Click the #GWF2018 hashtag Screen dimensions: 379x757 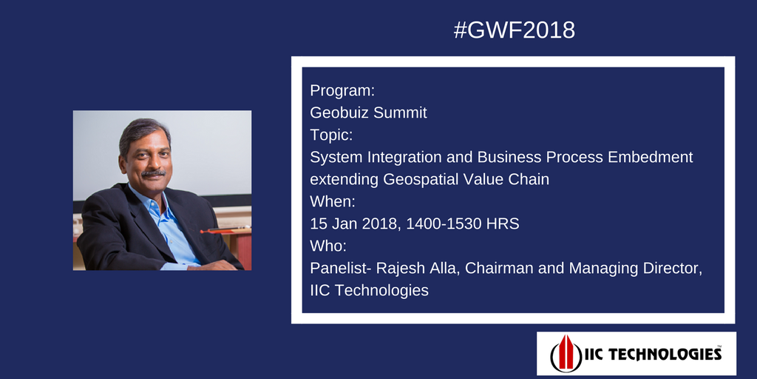tap(515, 30)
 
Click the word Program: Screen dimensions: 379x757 tap(342, 91)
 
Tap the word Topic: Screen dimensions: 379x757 tap(330, 135)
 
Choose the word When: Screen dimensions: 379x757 tap(333, 201)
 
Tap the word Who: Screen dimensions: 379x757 tap(328, 246)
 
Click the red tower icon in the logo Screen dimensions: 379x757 tap(566, 354)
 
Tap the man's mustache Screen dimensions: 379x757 tap(152, 173)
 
